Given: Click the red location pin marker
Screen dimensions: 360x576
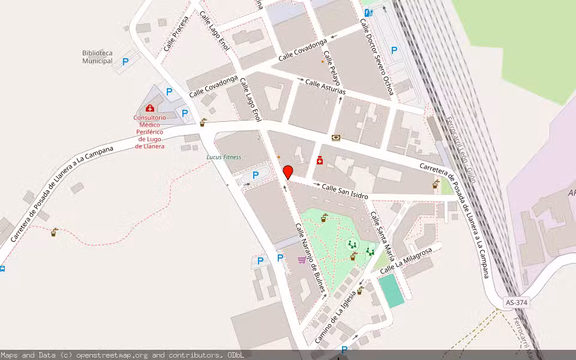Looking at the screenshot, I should click(287, 172).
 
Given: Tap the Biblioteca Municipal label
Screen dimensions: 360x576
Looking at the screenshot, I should click(97, 57).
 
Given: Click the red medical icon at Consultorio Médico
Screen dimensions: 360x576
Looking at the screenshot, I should click(149, 109).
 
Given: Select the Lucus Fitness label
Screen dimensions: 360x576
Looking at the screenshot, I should click(224, 157).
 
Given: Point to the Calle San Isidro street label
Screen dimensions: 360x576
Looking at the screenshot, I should click(344, 191).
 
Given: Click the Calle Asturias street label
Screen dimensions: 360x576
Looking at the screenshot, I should click(325, 86).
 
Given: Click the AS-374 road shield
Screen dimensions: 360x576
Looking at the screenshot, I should click(516, 303).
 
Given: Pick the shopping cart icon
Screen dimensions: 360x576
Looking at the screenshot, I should click(301, 260).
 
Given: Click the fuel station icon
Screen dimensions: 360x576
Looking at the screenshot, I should click(368, 11).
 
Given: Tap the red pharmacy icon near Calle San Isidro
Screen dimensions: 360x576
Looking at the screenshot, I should click(321, 160).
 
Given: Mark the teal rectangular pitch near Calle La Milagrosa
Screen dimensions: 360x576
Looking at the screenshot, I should click(391, 290).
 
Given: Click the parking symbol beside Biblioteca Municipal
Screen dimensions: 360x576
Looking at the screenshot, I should click(125, 61).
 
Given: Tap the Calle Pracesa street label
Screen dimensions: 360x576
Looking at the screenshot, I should click(176, 34).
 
